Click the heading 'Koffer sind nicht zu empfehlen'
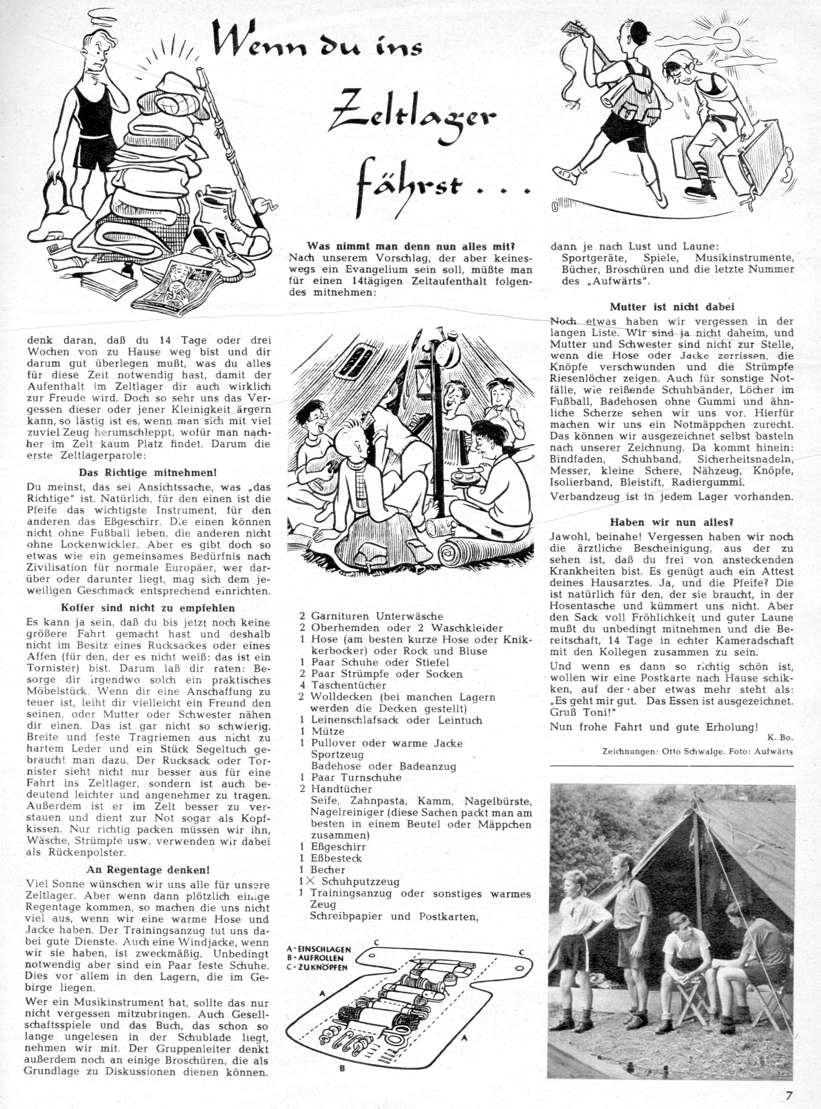(148, 608)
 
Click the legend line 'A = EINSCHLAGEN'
(319, 949)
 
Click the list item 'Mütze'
(328, 731)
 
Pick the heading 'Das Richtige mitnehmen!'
(148, 473)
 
